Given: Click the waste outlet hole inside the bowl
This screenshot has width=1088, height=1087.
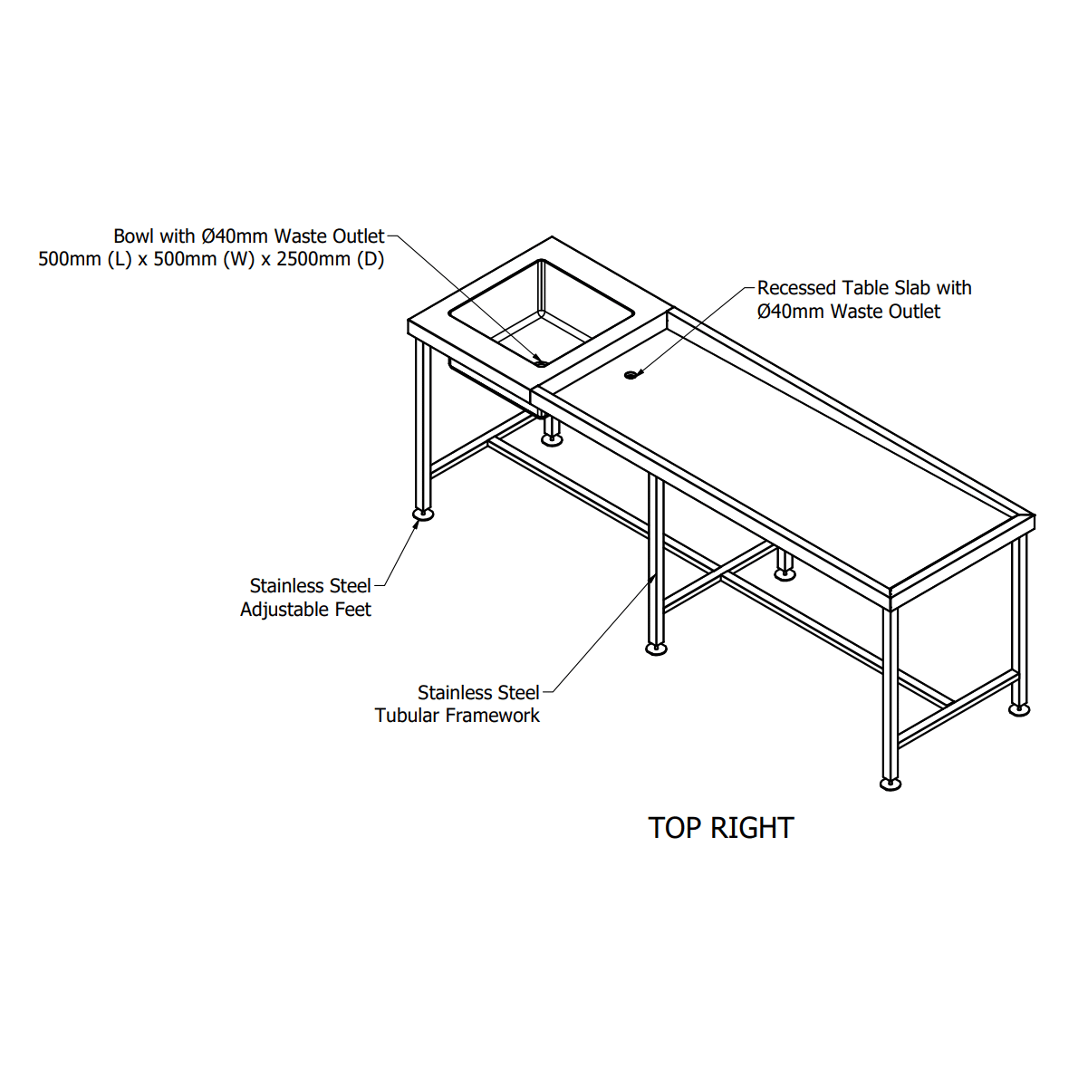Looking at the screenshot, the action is [541, 363].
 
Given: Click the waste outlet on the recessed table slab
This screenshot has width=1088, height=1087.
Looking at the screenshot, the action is [631, 374].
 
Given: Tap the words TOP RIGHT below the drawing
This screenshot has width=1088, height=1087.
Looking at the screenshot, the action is [721, 828].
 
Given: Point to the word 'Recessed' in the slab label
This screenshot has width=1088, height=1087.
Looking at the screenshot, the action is [796, 287].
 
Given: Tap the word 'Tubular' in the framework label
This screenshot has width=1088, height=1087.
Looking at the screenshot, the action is [407, 716].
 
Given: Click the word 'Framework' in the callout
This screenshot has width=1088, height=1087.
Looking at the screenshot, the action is [492, 716].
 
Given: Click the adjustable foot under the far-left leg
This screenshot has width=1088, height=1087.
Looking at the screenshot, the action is [423, 514].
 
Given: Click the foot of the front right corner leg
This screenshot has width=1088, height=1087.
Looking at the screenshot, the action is [891, 784].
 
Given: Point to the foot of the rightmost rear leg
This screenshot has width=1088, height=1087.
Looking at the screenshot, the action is [1019, 710].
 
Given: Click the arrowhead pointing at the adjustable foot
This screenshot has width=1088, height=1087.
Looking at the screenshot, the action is [415, 525].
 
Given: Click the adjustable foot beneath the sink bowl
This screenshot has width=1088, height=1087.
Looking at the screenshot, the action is [552, 440].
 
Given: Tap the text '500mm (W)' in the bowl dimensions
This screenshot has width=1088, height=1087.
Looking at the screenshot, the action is [207, 259].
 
